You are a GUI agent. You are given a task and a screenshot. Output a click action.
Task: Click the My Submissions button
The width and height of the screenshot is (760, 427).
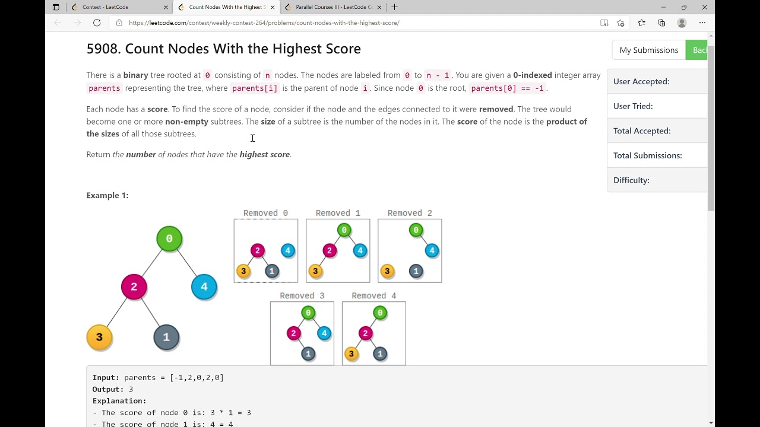pyautogui.click(x=648, y=50)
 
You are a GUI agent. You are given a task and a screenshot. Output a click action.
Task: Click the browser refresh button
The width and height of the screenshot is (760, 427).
pyautogui.click(x=97, y=23)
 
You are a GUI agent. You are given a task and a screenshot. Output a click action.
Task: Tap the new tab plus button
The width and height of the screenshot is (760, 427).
pyautogui.click(x=394, y=7)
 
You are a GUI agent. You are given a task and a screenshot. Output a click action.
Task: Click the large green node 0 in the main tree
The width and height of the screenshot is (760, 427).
pyautogui.click(x=169, y=238)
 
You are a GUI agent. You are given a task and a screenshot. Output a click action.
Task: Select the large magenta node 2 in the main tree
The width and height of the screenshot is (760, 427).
pyautogui.click(x=134, y=287)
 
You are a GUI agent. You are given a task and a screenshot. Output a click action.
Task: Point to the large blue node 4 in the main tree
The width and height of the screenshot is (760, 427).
pyautogui.click(x=204, y=287)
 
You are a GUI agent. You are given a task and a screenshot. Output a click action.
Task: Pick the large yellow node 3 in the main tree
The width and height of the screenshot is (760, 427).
pyautogui.click(x=99, y=337)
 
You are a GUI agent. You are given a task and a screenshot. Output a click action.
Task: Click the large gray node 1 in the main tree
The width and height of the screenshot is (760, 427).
pyautogui.click(x=166, y=337)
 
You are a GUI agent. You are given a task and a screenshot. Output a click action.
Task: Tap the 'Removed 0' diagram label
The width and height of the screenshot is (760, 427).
pyautogui.click(x=265, y=213)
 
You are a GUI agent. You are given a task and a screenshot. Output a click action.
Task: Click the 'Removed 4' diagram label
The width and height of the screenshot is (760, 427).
pyautogui.click(x=373, y=295)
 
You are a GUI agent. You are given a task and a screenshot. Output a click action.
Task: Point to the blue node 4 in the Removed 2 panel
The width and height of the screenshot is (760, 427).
pyautogui.click(x=432, y=251)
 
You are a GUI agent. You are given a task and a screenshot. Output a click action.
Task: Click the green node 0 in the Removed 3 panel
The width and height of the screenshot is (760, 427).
pyautogui.click(x=308, y=313)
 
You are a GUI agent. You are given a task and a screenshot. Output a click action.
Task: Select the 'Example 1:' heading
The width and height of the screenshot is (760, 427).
pyautogui.click(x=107, y=195)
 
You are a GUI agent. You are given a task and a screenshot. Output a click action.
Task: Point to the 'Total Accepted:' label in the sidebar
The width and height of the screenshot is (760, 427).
pyautogui.click(x=642, y=130)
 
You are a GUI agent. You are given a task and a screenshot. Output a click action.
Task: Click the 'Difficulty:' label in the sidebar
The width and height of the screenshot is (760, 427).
pyautogui.click(x=631, y=180)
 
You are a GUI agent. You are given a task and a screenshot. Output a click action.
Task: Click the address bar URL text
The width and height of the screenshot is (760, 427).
pyautogui.click(x=264, y=23)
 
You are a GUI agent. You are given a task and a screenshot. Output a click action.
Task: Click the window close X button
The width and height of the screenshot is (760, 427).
pyautogui.click(x=704, y=7)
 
